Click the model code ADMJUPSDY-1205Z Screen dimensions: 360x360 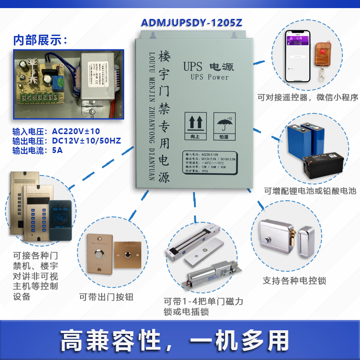191,23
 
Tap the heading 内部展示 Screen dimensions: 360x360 40,40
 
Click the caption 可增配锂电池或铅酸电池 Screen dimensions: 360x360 310,191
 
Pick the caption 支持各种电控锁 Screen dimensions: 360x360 294,281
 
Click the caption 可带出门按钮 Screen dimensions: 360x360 106,297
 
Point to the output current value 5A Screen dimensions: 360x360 57,150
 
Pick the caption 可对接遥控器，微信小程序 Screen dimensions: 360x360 308,97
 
